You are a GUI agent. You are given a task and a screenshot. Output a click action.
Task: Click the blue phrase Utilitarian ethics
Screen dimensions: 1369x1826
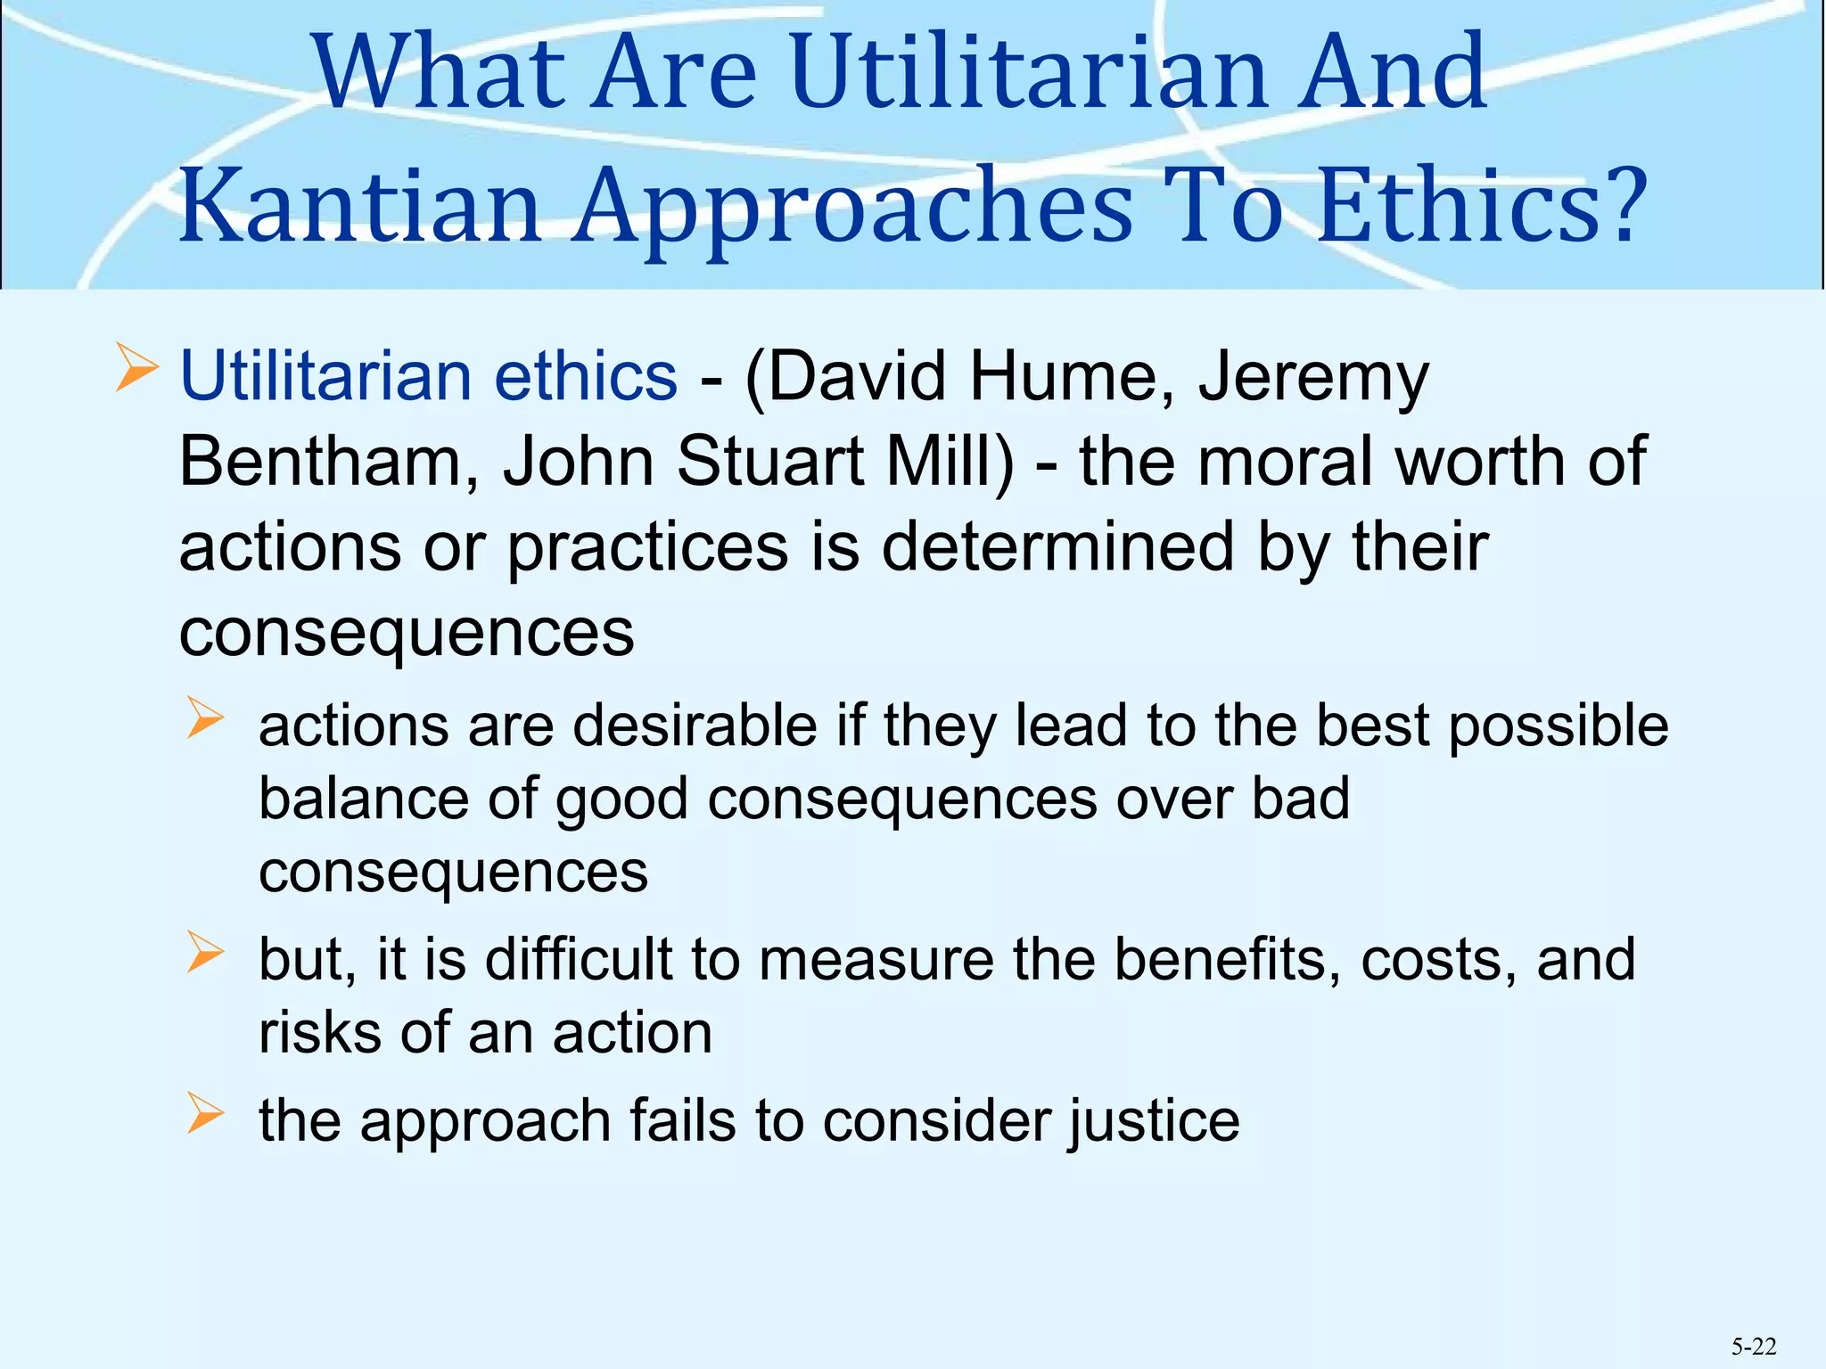pyautogui.click(x=428, y=376)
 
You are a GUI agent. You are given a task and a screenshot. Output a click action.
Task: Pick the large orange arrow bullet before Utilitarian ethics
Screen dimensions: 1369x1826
pyautogui.click(x=137, y=371)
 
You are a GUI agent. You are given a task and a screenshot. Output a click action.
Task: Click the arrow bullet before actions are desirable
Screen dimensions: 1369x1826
pyautogui.click(x=205, y=719)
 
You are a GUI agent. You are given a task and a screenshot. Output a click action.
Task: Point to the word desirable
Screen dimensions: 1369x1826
pyautogui.click(x=695, y=725)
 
